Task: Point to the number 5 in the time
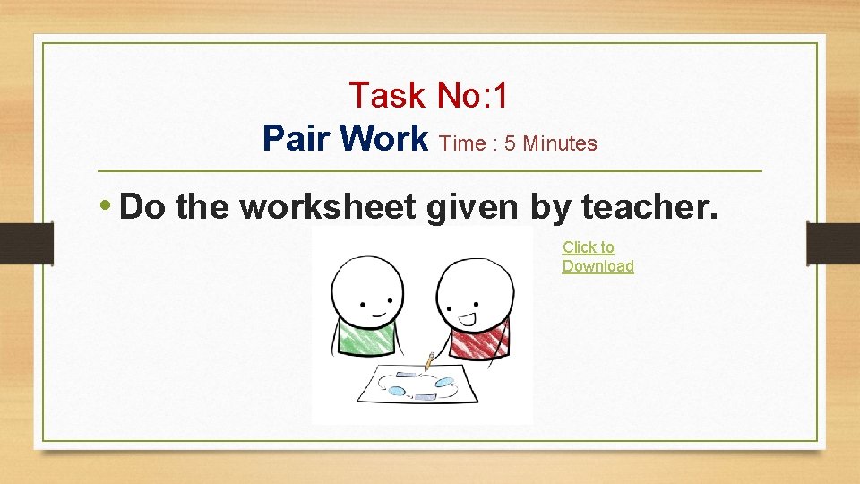(510, 143)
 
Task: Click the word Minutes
(560, 143)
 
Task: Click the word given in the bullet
(475, 208)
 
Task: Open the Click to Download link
(598, 256)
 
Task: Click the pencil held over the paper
(430, 360)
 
